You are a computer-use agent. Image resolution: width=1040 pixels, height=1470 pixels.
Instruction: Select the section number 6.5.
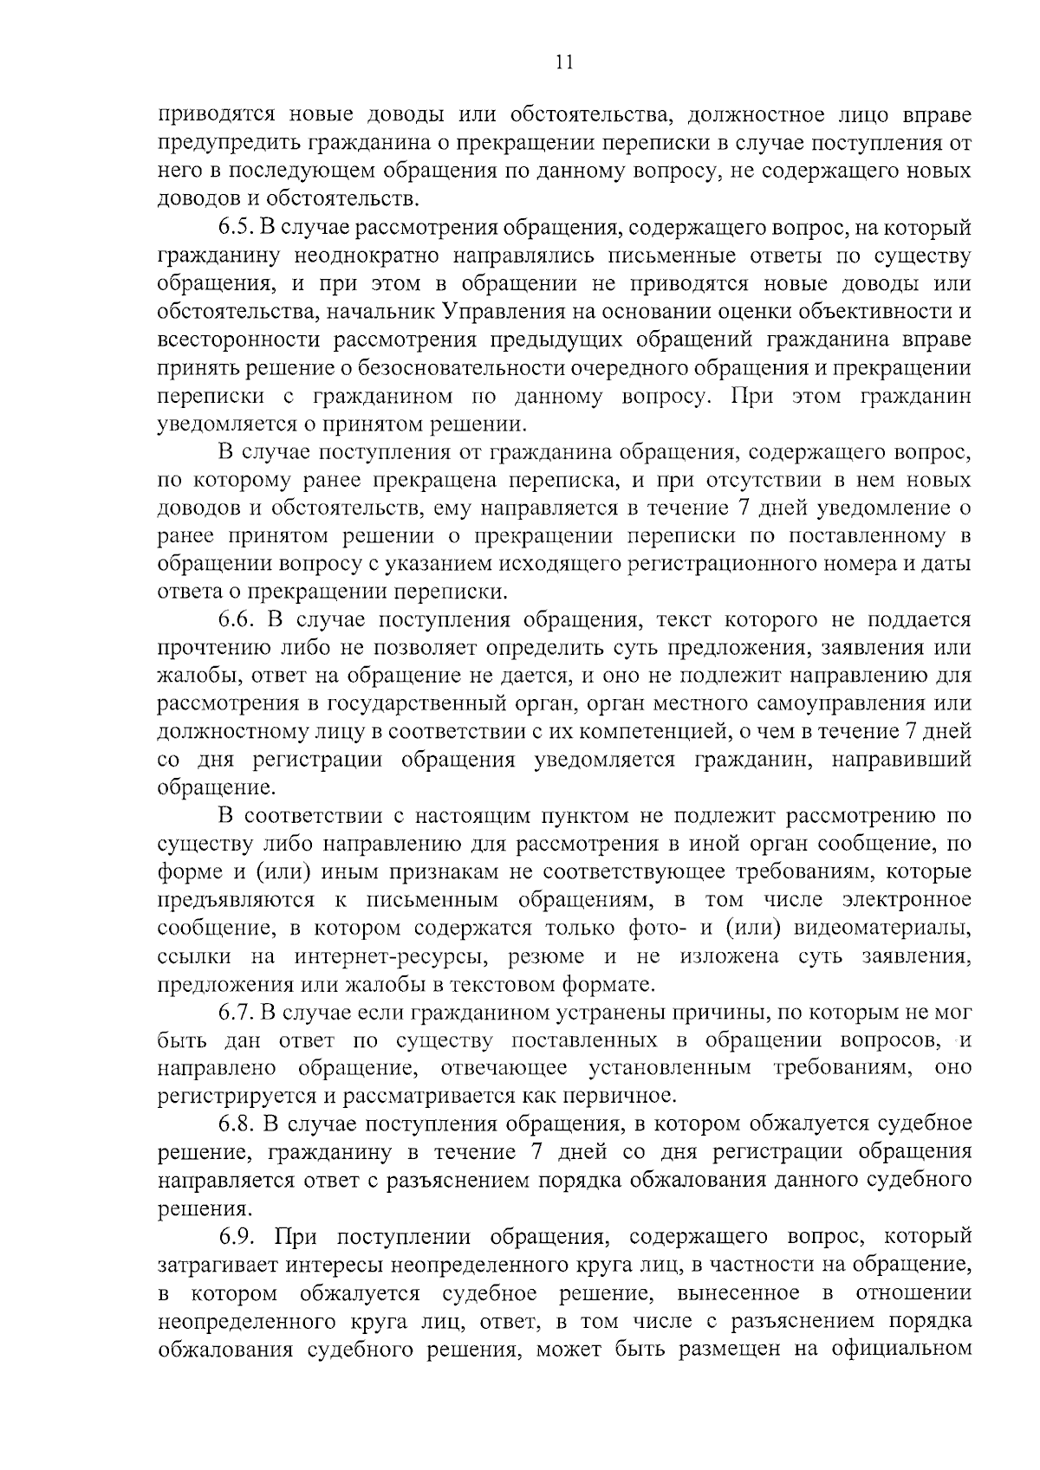[234, 229]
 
